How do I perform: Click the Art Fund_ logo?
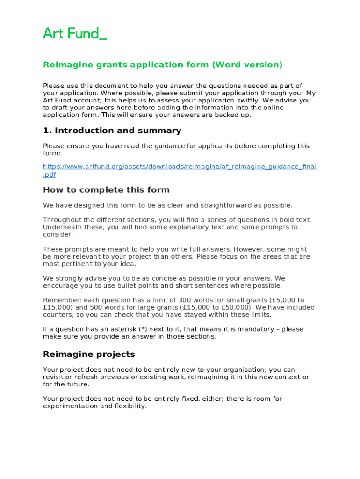[75, 33]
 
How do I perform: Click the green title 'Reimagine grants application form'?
[126, 65]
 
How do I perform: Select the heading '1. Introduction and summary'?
[112, 131]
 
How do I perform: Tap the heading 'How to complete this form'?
[106, 190]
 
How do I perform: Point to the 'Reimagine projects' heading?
[89, 354]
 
